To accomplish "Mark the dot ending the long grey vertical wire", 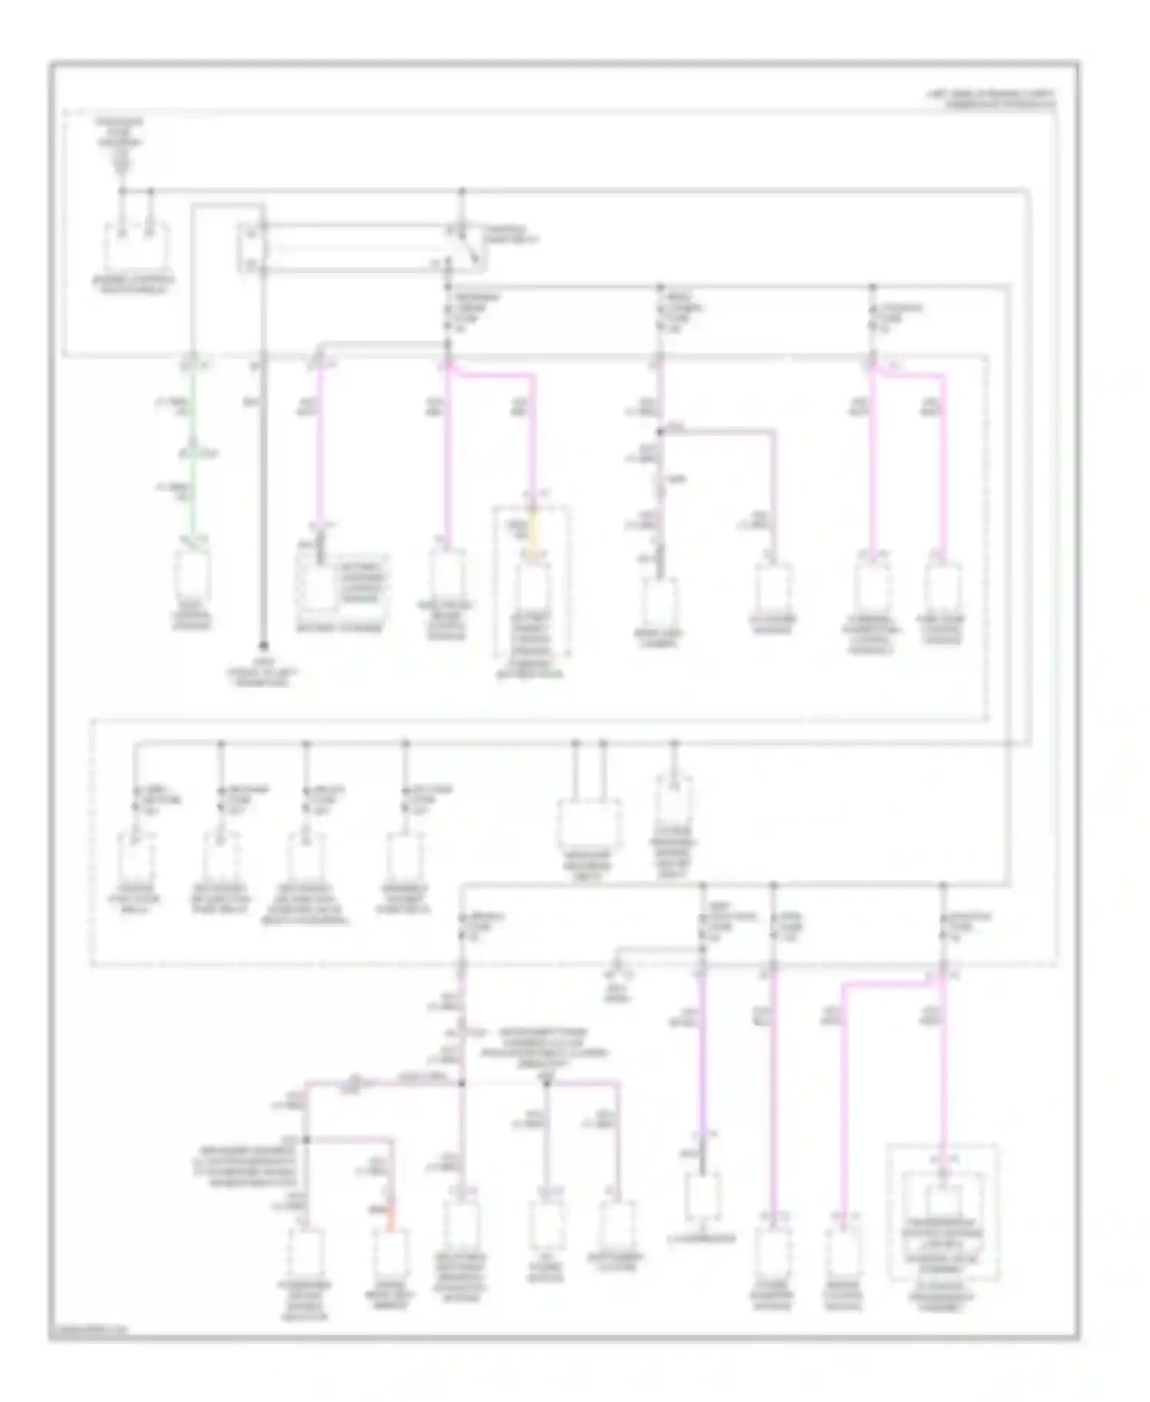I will tap(262, 646).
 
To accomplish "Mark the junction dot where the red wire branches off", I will tap(306, 1140).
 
